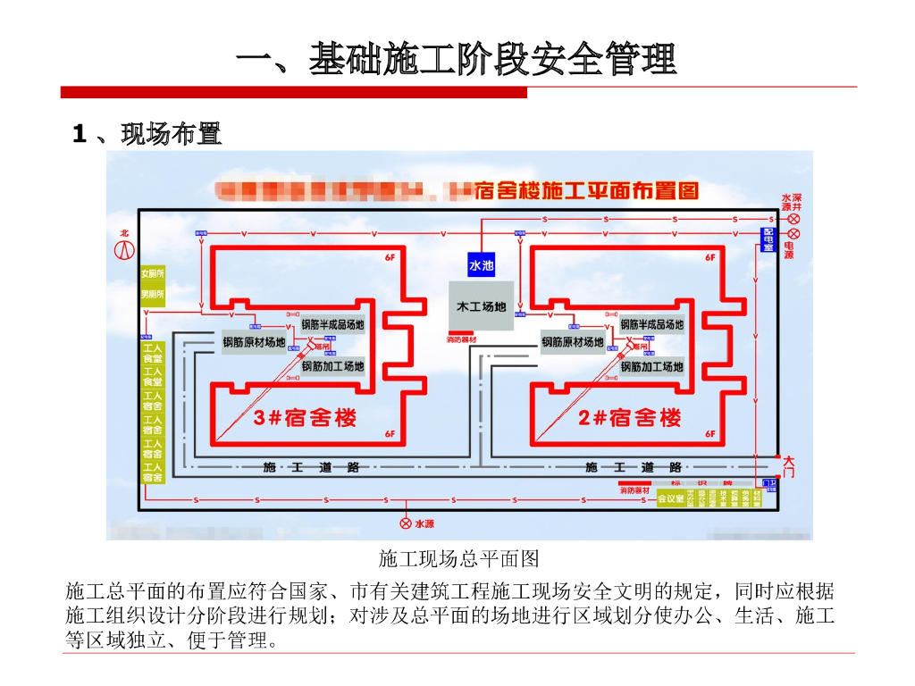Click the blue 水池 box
tap(481, 265)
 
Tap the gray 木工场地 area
tap(481, 306)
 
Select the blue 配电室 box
tap(768, 238)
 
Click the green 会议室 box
tap(670, 498)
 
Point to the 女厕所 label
tap(153, 273)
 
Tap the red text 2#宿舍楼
tap(629, 417)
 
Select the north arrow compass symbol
tap(124, 247)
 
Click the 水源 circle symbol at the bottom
tap(406, 523)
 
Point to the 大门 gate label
tap(788, 466)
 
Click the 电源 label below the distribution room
tap(789, 250)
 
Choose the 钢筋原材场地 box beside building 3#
tap(254, 342)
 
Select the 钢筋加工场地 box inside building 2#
tap(651, 366)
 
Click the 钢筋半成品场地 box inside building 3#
tap(332, 324)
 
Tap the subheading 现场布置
tap(170, 135)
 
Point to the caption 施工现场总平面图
tap(458, 559)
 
